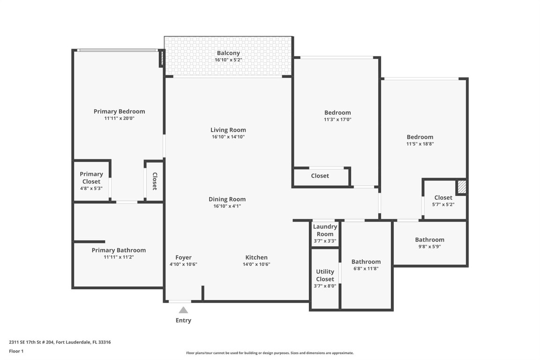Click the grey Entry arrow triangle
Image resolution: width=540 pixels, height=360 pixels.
pos(183,310)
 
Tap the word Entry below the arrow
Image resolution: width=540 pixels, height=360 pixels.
pos(183,321)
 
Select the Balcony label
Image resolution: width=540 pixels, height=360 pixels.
pos(228,53)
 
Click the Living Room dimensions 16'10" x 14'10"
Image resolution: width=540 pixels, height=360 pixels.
pos(228,137)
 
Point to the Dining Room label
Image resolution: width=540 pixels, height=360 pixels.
pos(227,199)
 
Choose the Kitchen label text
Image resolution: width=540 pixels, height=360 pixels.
pos(256,257)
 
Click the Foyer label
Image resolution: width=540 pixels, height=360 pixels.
pos(183,257)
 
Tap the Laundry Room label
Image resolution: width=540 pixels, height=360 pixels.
pos(325,230)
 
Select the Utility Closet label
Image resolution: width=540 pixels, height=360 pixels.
pos(325,275)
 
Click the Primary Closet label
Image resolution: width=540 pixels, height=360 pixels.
pos(91,178)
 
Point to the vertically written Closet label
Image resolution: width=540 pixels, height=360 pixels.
pos(154,181)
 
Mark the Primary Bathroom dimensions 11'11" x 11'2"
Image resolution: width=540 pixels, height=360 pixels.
pos(119,257)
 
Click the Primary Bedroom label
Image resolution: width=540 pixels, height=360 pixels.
pos(119,112)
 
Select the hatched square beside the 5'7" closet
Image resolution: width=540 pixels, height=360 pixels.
pos(462,187)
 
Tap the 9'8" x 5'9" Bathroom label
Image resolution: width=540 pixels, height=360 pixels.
pos(429,240)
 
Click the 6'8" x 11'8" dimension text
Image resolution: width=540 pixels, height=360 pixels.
pos(366,269)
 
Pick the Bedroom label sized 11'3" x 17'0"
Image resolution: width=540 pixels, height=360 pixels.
pos(337,112)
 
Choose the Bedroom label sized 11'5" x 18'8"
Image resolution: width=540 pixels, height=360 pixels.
pos(420,137)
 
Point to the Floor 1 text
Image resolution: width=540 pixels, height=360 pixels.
pos(16,351)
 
